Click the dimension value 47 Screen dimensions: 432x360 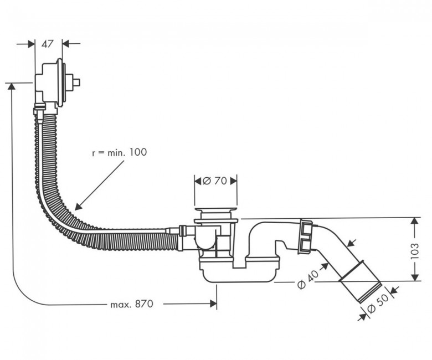(47, 44)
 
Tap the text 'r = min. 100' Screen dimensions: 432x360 (119, 152)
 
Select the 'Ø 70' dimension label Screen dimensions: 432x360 (215, 181)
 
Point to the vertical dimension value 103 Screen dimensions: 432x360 (415, 251)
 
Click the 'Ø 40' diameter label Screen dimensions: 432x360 (308, 279)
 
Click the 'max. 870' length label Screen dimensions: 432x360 (131, 305)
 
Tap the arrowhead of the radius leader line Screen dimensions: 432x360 (78, 207)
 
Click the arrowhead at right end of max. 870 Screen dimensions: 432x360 (213, 304)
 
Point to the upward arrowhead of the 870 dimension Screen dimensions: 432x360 (11, 86)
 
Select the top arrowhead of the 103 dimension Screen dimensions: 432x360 (415, 221)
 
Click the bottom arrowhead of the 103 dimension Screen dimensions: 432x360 (415, 277)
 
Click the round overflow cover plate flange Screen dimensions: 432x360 (60, 83)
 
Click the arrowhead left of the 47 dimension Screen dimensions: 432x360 (32, 44)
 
